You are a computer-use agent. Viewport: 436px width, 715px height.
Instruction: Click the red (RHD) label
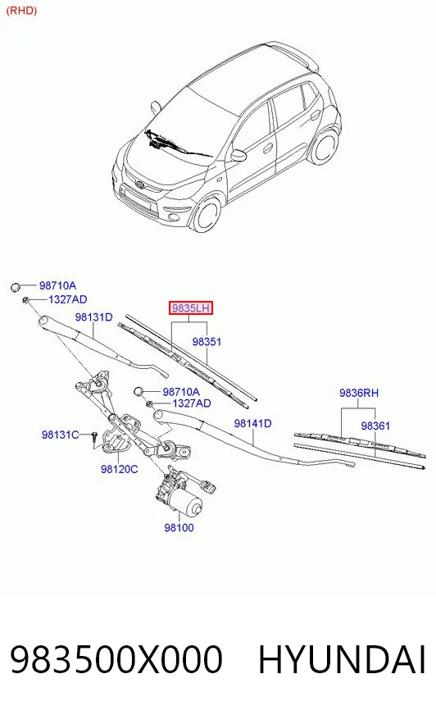pos(21,10)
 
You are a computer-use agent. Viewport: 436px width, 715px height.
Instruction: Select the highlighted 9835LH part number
pos(191,308)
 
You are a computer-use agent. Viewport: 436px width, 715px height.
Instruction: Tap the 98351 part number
pos(207,342)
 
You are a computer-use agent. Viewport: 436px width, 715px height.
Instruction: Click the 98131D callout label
pos(93,317)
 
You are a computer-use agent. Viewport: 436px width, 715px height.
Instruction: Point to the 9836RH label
pos(358,393)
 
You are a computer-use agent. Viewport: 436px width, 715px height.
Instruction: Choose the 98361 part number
pos(375,426)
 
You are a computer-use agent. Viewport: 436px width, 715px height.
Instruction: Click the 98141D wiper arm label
pos(252,423)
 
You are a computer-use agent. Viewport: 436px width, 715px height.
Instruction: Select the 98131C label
pos(60,435)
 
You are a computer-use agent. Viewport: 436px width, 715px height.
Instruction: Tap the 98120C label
pos(119,469)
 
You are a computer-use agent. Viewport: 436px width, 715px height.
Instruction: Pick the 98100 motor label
pos(179,527)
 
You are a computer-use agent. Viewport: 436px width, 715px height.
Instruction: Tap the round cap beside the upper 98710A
pos(16,287)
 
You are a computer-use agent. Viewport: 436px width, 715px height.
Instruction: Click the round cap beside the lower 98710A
pos(139,391)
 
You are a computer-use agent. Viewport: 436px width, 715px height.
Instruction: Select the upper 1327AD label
pos(67,299)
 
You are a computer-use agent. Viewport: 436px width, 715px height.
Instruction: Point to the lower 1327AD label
pos(191,403)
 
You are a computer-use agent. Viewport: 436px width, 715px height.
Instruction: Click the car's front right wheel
pos(207,213)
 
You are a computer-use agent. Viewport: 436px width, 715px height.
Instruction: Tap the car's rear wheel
pos(325,146)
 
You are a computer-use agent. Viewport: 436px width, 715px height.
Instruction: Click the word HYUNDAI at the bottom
pos(342,659)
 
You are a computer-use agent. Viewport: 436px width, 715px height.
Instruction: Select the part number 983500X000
pos(116,659)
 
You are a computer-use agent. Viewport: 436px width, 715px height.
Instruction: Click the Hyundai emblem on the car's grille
pos(140,184)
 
